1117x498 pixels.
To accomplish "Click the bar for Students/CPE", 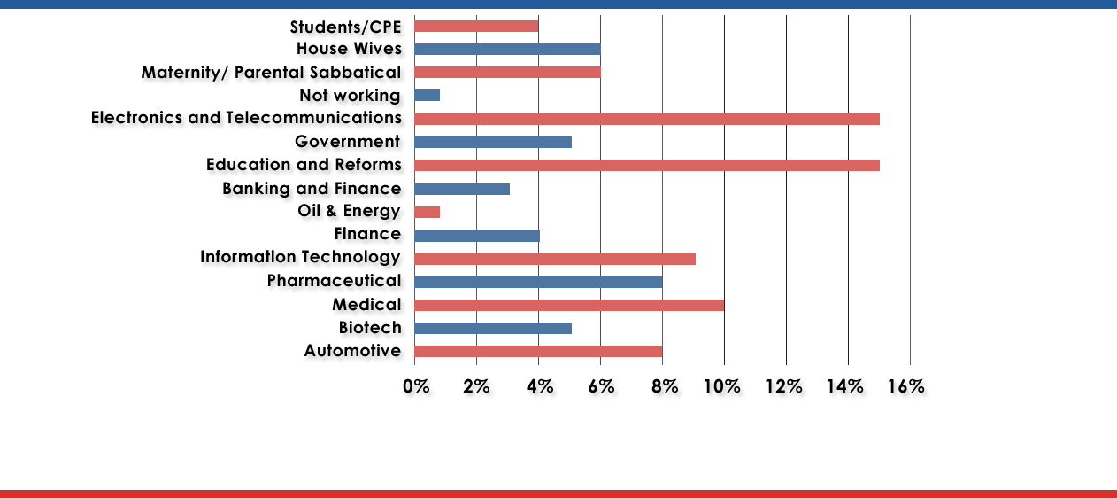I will [x=476, y=27].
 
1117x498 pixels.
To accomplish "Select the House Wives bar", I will [x=507, y=50].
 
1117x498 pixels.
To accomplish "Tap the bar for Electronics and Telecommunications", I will [x=646, y=119].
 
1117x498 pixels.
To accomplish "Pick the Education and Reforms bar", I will [x=646, y=165].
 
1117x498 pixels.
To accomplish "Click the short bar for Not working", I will [x=427, y=96].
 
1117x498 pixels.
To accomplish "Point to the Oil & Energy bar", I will [x=427, y=212].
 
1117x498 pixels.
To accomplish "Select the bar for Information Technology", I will [x=554, y=259].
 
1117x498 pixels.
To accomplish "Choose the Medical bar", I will [x=568, y=305].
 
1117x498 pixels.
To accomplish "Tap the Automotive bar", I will [x=538, y=352].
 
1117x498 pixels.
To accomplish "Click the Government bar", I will [x=492, y=142].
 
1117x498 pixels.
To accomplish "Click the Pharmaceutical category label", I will [x=335, y=281].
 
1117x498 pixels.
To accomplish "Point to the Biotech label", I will [x=370, y=328].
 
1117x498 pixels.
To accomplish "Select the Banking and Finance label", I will [x=312, y=189].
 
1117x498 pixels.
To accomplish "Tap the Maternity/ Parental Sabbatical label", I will [x=271, y=72].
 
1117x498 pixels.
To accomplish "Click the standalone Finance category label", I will [x=367, y=235].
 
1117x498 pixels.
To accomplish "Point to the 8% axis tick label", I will [x=665, y=386].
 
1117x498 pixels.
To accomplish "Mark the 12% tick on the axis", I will [x=782, y=386].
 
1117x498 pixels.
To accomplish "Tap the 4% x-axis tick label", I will [x=540, y=386].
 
